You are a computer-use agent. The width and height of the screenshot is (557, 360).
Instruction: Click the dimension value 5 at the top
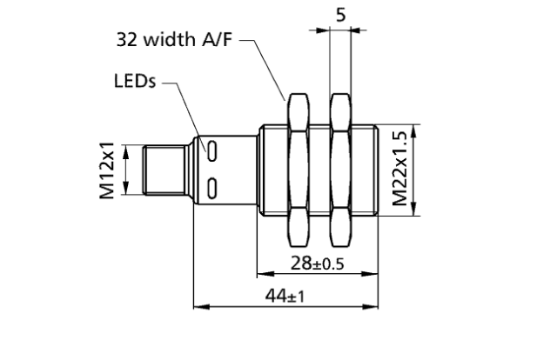pos(340,15)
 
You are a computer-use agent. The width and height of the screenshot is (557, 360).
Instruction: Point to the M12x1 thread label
pos(107,170)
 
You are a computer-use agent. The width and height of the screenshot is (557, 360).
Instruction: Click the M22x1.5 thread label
pos(399,170)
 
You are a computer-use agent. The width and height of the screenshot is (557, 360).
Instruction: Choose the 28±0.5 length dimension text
pos(316,264)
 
